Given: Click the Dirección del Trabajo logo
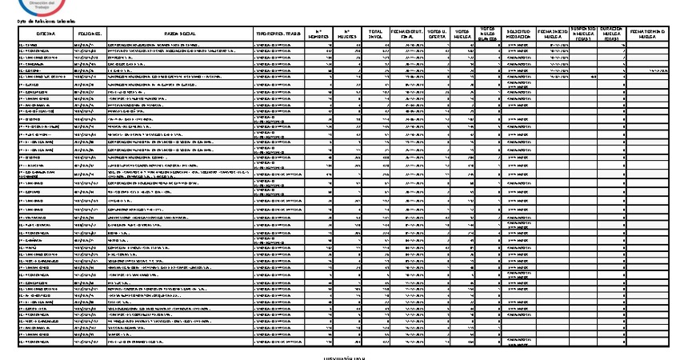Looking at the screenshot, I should pyautogui.click(x=39, y=6).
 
